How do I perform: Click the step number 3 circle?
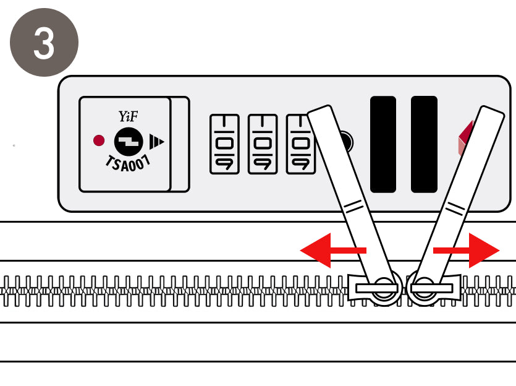[x=44, y=43]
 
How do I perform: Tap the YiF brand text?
[x=128, y=116]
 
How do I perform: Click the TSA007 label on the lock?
[x=128, y=163]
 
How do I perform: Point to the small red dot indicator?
[x=99, y=140]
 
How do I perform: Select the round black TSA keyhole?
[x=129, y=142]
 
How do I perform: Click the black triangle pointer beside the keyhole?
[x=156, y=142]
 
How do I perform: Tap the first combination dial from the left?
[x=224, y=144]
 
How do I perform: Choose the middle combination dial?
[x=263, y=144]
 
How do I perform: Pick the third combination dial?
[x=300, y=144]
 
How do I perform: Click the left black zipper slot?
[x=383, y=144]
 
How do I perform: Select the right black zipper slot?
[x=424, y=144]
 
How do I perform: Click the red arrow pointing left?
[x=332, y=251]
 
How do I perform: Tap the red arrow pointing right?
[x=467, y=251]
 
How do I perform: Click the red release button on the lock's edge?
[x=465, y=139]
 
